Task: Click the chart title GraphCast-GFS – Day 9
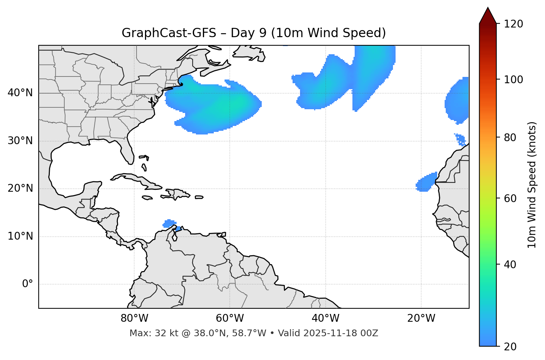coord(254,33)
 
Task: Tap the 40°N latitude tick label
coord(20,93)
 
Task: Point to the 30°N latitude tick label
coord(20,141)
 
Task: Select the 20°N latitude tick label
coord(20,188)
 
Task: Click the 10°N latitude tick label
coord(20,236)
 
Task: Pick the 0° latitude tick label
coord(27,284)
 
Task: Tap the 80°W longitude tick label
coord(134,318)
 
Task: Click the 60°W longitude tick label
coord(230,318)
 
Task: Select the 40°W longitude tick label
coord(325,318)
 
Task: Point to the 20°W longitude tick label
coord(421,318)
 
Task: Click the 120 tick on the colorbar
coord(513,24)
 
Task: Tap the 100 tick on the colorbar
coord(513,80)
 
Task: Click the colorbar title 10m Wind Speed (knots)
coord(532,185)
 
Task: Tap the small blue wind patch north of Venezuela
coord(170,223)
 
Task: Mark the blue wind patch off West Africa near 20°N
coord(426,183)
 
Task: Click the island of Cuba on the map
coord(138,179)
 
